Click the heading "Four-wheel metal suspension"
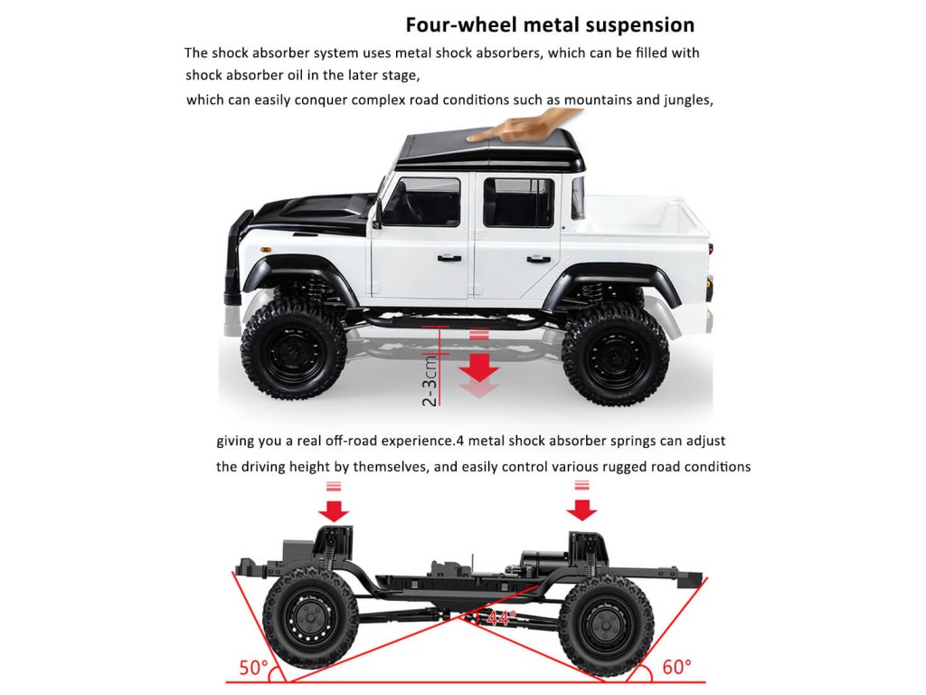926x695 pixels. [x=550, y=24]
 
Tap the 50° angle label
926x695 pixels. [x=254, y=668]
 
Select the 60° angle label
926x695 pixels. [x=676, y=668]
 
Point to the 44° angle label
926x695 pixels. [x=501, y=618]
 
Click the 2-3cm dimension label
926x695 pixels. [x=431, y=379]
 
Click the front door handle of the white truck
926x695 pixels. [x=449, y=258]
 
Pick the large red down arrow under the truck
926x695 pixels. [x=479, y=367]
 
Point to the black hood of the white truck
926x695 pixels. [x=312, y=214]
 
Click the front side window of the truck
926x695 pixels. [x=420, y=202]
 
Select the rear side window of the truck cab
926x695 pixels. [x=518, y=202]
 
